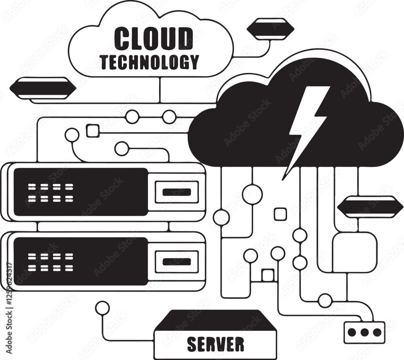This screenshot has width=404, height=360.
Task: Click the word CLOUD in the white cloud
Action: [x=154, y=38]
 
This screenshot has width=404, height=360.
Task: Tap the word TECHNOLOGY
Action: [x=150, y=62]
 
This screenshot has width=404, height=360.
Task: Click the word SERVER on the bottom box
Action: [x=215, y=344]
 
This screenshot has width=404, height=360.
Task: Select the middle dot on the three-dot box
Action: [x=364, y=332]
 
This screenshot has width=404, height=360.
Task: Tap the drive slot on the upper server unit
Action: [x=177, y=192]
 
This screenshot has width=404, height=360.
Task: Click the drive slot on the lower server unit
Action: [x=177, y=262]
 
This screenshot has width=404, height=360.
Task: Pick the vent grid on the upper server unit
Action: [x=51, y=193]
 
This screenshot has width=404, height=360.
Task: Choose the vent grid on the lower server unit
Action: [x=51, y=262]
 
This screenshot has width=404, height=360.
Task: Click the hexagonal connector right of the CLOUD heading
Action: [x=270, y=29]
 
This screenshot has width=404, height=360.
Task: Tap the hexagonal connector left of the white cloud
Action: [x=43, y=88]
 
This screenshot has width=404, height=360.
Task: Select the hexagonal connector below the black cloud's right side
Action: [x=370, y=207]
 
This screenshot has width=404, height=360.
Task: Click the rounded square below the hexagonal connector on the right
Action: [x=355, y=252]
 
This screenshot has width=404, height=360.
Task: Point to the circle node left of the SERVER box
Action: [x=102, y=308]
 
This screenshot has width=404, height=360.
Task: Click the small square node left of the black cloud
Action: [x=93, y=131]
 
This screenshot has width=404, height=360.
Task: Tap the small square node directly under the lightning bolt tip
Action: [x=280, y=214]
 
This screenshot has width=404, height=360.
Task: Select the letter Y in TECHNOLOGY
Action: [x=194, y=62]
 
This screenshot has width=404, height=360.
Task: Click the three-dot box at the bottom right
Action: [x=364, y=332]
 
